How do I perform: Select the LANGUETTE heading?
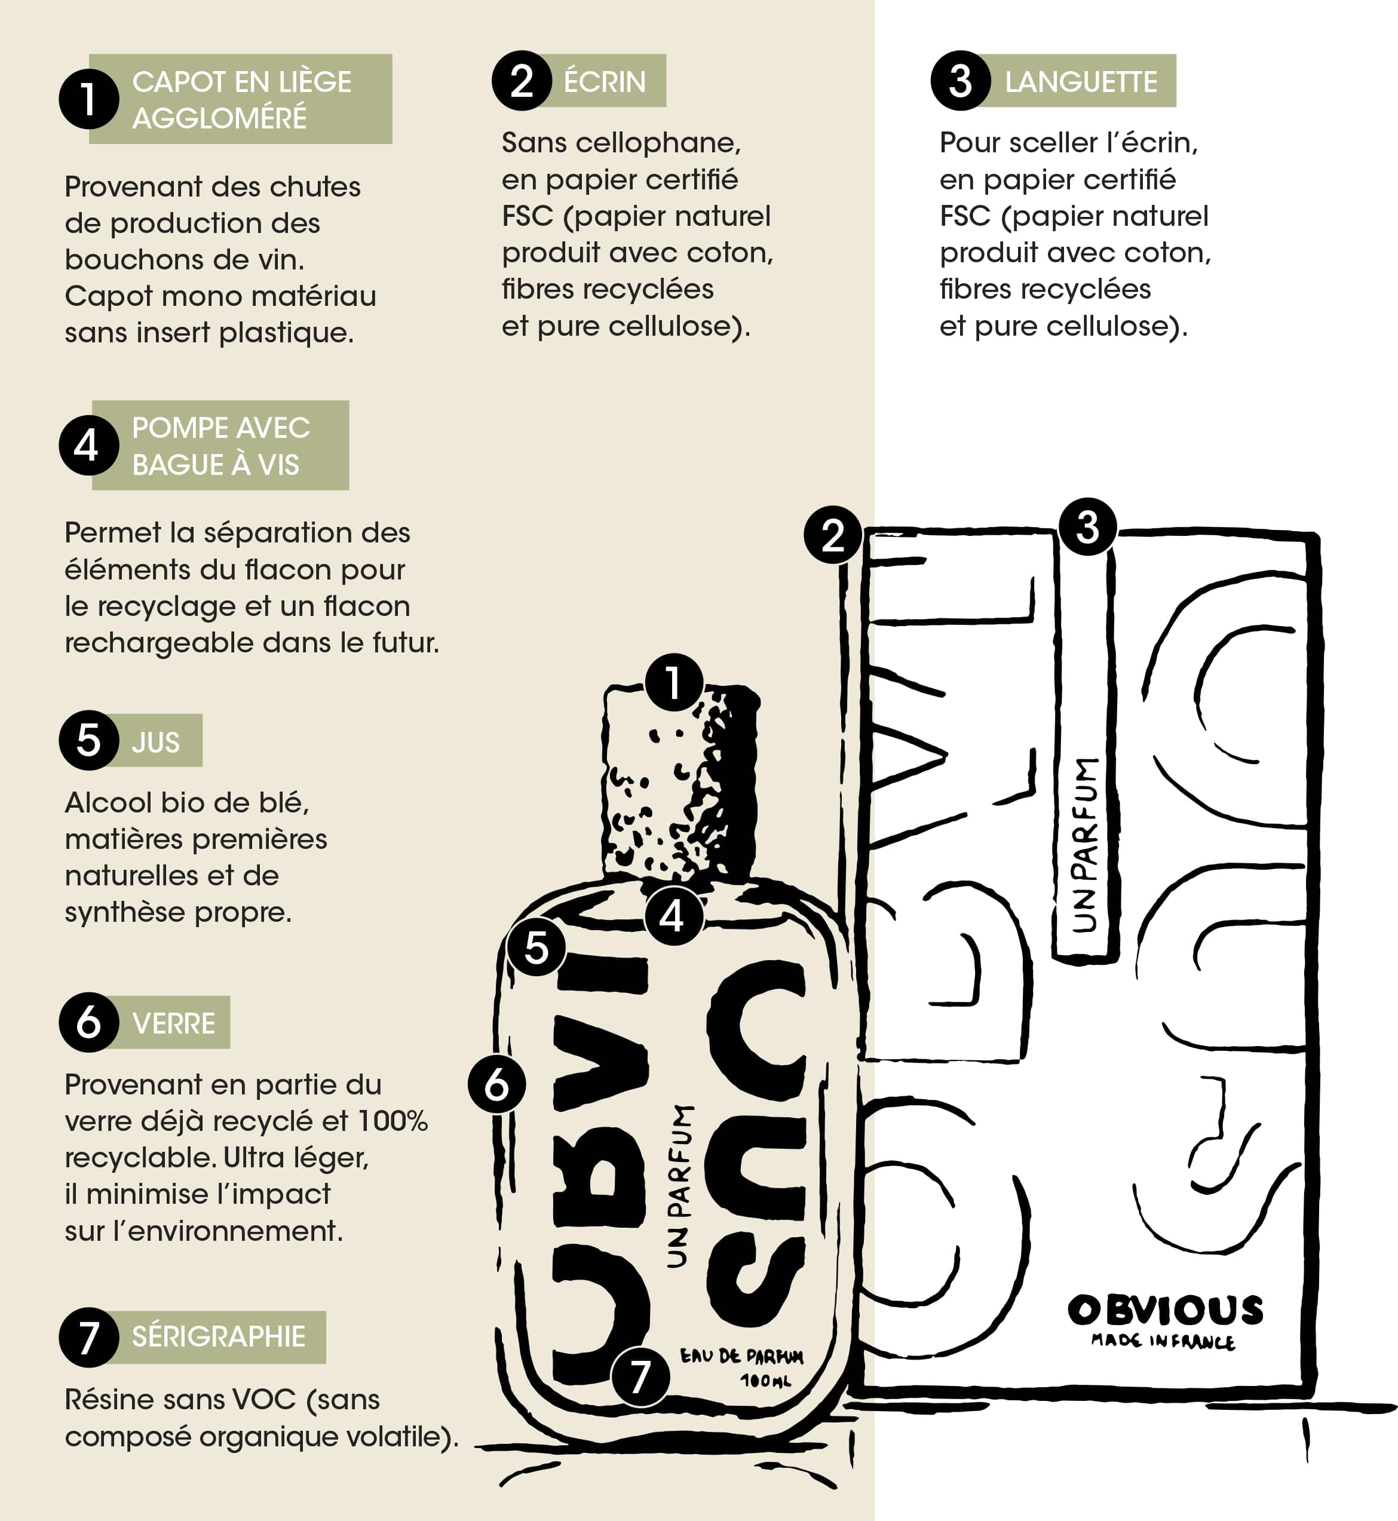click(x=1081, y=82)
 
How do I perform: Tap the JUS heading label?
click(x=156, y=742)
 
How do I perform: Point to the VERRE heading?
click(x=174, y=1023)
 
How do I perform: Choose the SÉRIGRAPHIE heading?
click(x=219, y=1336)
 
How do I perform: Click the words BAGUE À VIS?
click(x=216, y=464)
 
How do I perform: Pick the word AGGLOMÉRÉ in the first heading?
click(x=219, y=118)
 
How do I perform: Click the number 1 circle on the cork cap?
click(x=674, y=682)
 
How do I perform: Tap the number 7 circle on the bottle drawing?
click(x=640, y=1376)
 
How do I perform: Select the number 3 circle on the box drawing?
click(x=1088, y=526)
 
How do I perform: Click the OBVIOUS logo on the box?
click(x=1166, y=1311)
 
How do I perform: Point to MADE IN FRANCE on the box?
click(x=1163, y=1342)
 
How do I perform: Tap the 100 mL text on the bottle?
click(x=765, y=1381)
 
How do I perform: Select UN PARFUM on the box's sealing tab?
click(x=1086, y=844)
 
